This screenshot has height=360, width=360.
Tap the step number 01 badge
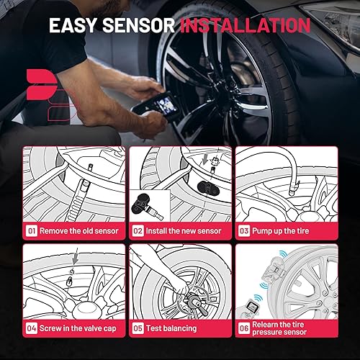[32, 232]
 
